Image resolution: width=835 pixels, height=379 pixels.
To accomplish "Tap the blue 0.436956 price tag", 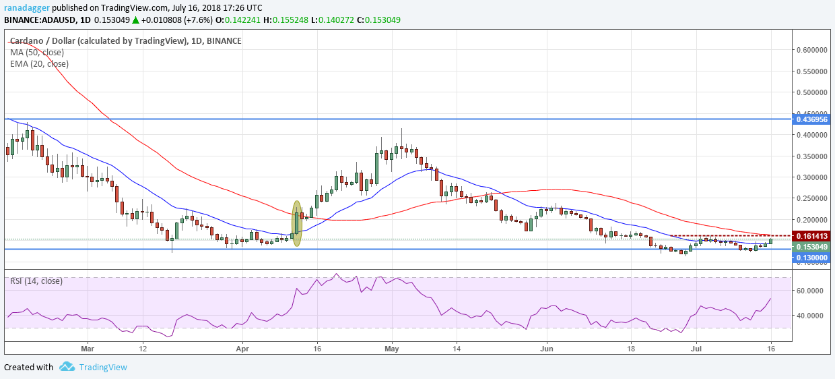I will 811,119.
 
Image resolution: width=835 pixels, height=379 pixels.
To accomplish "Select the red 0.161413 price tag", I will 811,236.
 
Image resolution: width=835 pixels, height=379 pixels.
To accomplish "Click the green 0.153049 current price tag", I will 811,247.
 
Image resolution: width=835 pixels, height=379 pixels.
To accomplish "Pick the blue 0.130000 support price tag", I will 811,258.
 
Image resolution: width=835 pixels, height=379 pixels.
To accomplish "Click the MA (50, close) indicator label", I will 38,52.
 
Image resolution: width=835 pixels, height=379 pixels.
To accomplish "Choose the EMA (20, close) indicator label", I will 40,64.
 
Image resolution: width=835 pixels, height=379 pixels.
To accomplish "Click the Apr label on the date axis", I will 241,350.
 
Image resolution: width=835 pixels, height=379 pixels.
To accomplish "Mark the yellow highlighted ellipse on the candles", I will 296,223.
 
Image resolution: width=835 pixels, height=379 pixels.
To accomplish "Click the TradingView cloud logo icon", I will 67,367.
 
